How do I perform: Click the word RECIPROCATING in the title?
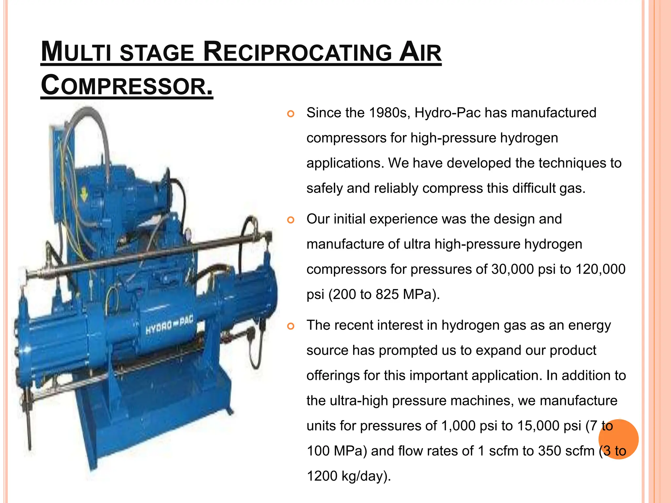coord(297,52)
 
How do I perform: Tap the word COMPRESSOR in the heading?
coord(127,86)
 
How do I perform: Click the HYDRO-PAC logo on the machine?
coord(169,325)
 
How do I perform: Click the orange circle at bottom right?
coord(618,439)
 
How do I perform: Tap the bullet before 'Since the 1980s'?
coord(291,114)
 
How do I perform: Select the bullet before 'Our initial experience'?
coord(291,220)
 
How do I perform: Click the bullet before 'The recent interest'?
coord(291,326)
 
